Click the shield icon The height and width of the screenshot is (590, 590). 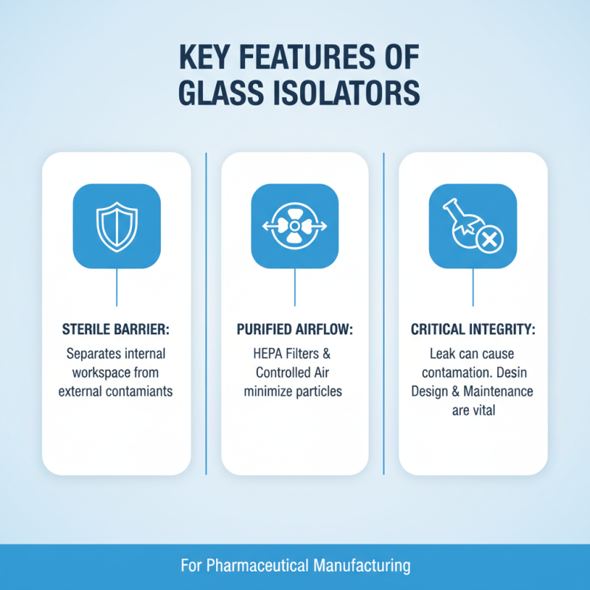(117, 226)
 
